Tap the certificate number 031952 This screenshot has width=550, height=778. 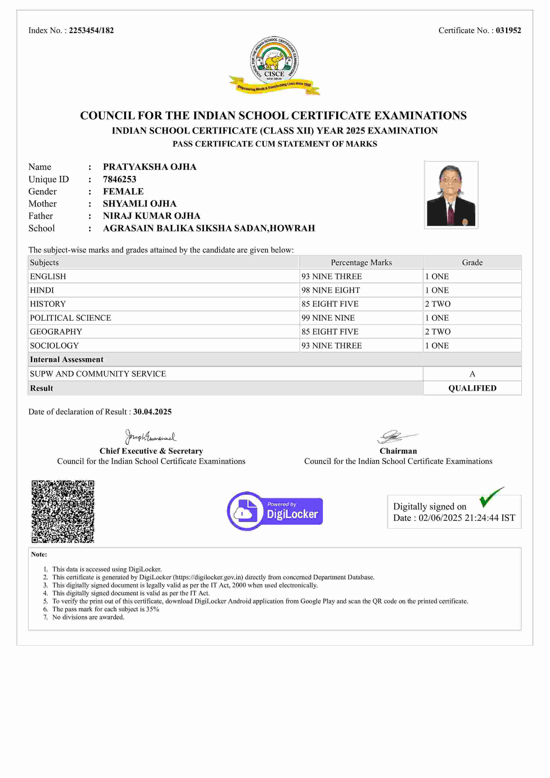click(508, 31)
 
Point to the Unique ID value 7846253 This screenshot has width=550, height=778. click(120, 179)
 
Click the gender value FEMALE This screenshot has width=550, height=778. click(123, 191)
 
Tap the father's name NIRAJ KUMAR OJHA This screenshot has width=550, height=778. click(151, 216)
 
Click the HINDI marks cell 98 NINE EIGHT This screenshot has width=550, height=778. click(331, 290)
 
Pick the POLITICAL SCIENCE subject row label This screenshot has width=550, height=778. click(71, 318)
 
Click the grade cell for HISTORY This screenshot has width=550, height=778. click(438, 304)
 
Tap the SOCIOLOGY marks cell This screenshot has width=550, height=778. click(331, 346)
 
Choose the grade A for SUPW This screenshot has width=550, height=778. click(472, 374)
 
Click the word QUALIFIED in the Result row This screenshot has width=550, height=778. click(472, 388)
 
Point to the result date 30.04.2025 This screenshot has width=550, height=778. click(152, 412)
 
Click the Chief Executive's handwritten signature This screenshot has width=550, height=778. click(150, 437)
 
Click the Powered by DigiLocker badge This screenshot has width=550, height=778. click(275, 511)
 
